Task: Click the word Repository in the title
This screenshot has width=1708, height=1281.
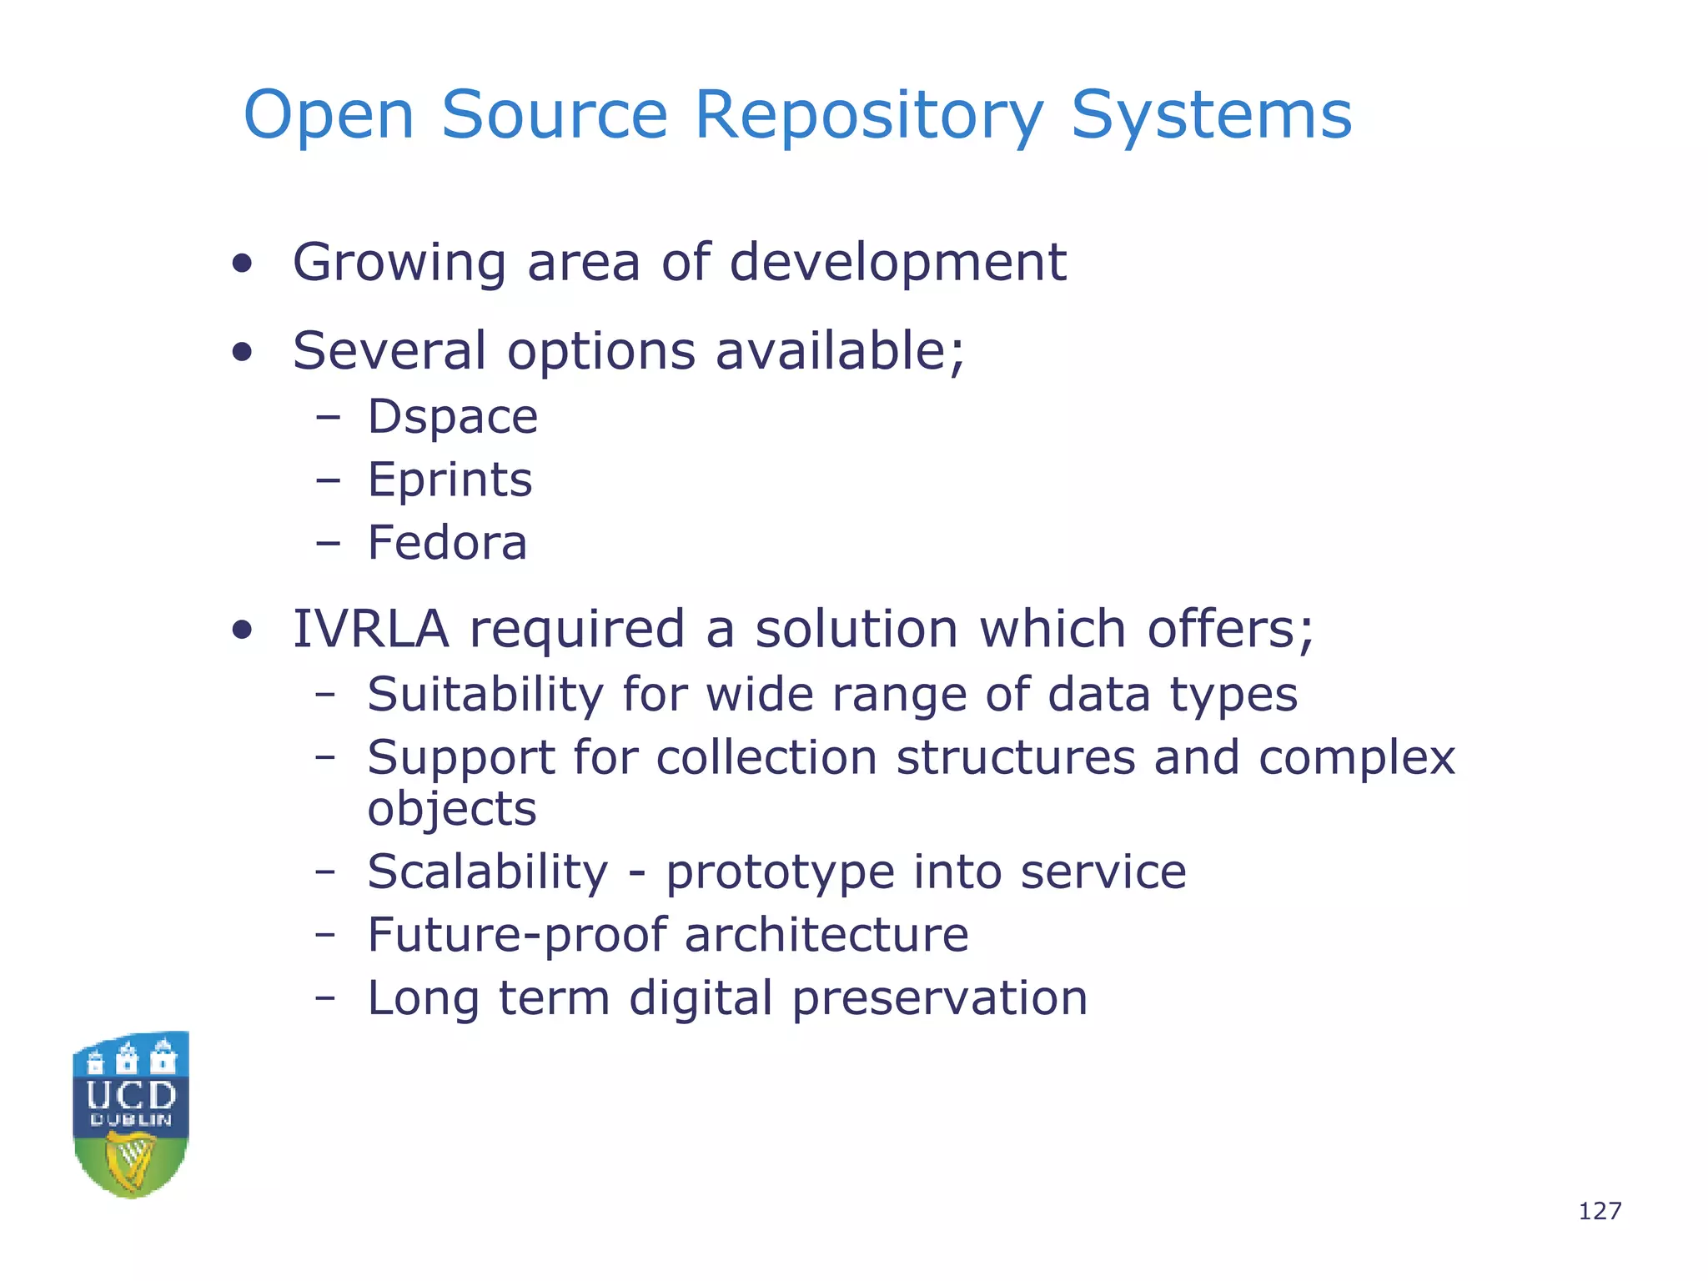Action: [868, 116]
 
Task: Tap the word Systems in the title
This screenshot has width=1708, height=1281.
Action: [1211, 116]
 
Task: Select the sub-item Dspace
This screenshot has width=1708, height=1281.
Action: [452, 417]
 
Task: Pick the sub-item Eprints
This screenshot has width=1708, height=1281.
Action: [450, 480]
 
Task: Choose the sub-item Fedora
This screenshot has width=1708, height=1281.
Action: [447, 543]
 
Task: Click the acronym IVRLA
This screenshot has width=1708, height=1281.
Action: [370, 629]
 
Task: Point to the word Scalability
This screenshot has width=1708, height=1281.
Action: [488, 872]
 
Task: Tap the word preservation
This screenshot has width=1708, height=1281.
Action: [940, 998]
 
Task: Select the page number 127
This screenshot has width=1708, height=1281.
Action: [1600, 1211]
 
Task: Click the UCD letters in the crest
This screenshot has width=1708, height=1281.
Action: [132, 1095]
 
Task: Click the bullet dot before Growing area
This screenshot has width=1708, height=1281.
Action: [242, 265]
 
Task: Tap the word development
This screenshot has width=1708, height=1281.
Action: [897, 263]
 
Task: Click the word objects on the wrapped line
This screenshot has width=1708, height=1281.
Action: [452, 809]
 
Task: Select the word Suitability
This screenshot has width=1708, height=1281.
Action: [485, 695]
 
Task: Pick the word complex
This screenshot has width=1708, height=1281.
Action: [1356, 759]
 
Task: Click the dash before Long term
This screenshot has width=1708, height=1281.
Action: [325, 998]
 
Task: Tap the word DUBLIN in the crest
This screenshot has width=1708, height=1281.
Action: [132, 1120]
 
